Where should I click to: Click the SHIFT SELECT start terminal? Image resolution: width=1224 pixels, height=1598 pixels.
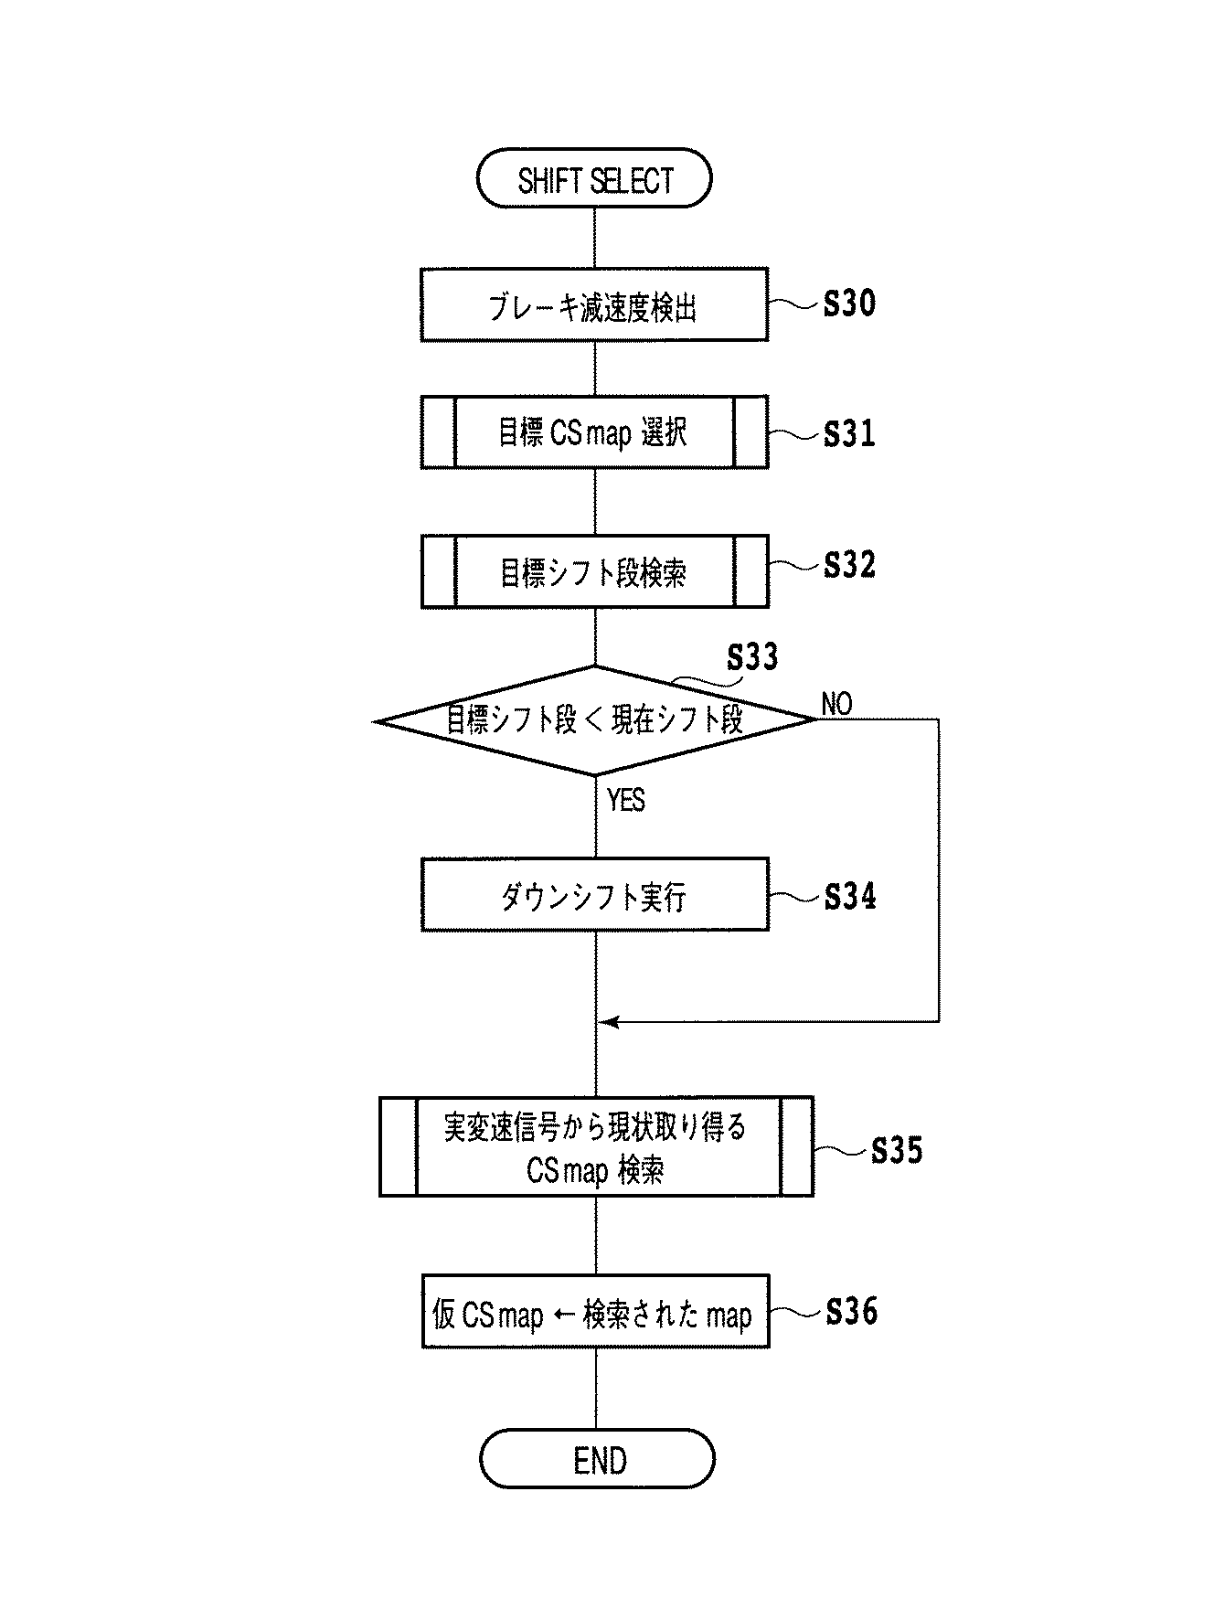point(593,179)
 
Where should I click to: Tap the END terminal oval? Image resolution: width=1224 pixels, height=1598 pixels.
point(597,1460)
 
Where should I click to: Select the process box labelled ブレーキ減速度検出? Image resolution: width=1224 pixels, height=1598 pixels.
point(593,305)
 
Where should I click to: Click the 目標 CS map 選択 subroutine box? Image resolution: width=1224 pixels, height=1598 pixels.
point(593,432)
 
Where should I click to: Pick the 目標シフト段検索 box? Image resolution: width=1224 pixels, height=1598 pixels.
point(594,572)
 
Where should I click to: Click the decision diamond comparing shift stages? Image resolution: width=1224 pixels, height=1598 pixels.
point(594,720)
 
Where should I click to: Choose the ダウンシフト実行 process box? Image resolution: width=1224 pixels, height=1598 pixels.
point(594,895)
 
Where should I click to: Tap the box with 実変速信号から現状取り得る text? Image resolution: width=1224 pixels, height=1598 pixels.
point(596,1147)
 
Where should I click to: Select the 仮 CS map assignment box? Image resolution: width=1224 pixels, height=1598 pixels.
point(595,1312)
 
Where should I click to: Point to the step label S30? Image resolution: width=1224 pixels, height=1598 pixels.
point(849,304)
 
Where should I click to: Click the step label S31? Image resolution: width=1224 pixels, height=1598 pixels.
point(849,433)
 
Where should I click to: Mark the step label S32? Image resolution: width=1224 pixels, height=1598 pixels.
point(849,565)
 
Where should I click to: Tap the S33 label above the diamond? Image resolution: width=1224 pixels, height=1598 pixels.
point(752,657)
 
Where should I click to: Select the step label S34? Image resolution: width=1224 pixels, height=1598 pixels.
point(849,897)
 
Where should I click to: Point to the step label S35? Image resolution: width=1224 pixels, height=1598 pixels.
point(897,1150)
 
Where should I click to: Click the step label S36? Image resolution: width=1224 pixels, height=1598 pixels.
point(851,1312)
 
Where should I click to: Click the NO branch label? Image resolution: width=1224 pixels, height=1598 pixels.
point(836,704)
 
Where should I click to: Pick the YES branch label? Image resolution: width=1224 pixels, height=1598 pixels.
point(626,801)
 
